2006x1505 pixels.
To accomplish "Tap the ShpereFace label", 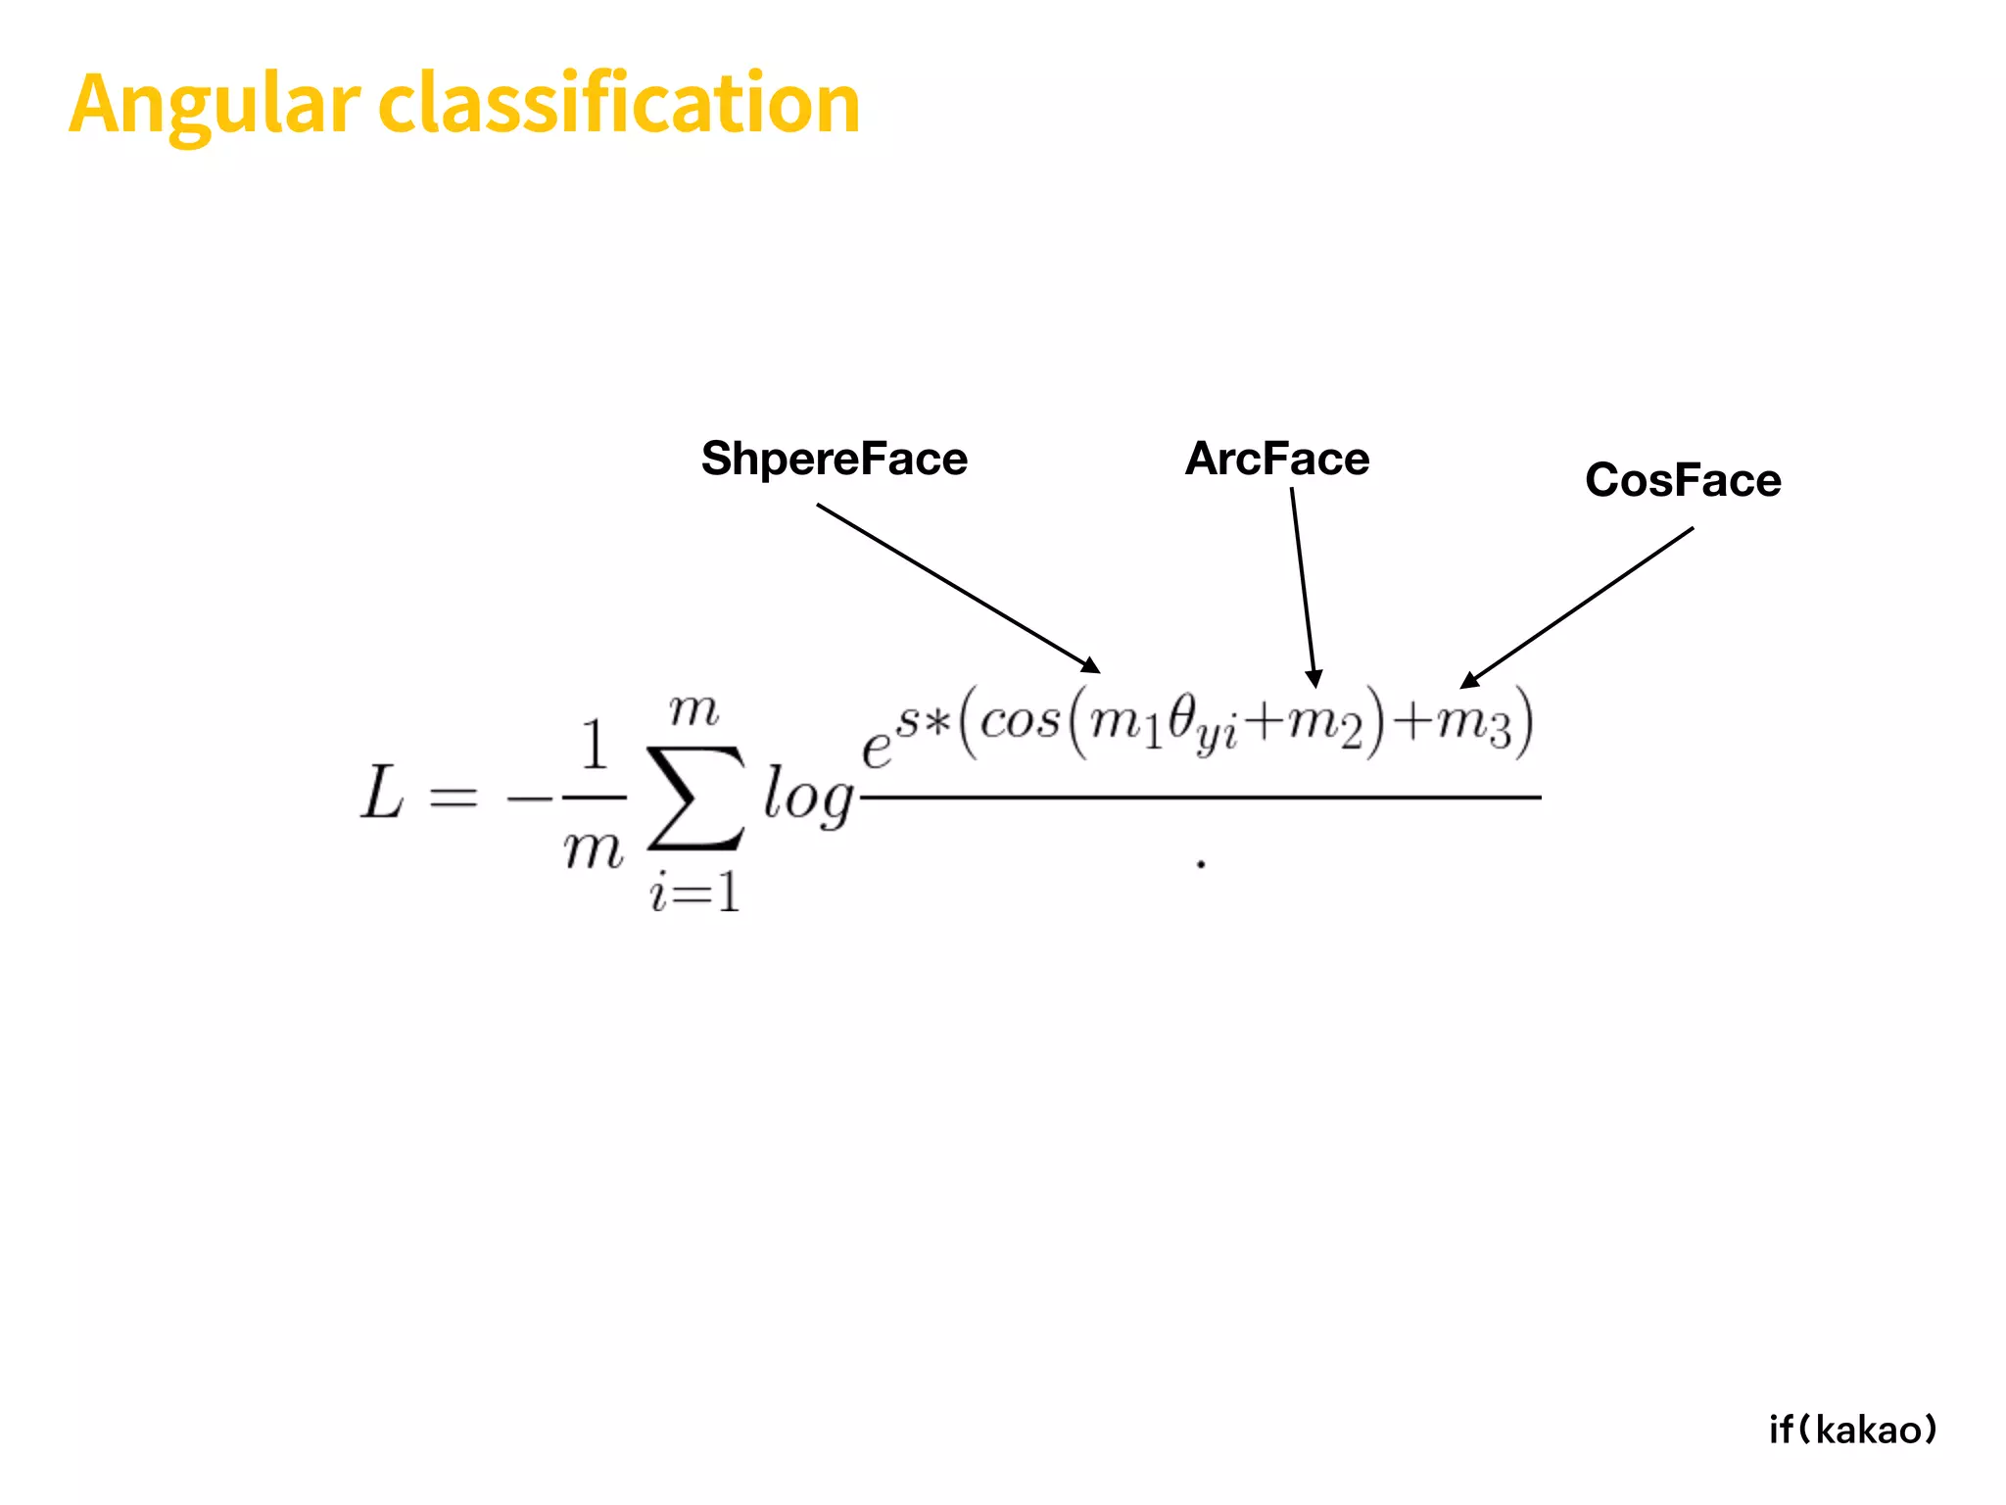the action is click(x=834, y=459).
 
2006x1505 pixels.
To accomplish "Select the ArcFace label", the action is click(x=1277, y=459).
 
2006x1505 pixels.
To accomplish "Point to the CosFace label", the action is click(x=1683, y=480).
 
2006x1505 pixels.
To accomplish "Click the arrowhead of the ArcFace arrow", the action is click(x=1314, y=678).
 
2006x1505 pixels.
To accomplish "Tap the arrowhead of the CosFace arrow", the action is click(x=1468, y=680).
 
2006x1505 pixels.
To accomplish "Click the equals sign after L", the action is click(x=454, y=798).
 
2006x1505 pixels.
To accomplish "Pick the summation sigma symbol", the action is click(x=695, y=796).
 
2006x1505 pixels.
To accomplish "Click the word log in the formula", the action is click(x=808, y=796).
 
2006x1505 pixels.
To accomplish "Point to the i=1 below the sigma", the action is click(x=694, y=892).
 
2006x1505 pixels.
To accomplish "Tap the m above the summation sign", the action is click(x=693, y=709).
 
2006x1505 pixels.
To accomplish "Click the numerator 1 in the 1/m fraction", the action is click(x=595, y=745).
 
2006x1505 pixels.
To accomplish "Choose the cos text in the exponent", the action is click(x=1020, y=723).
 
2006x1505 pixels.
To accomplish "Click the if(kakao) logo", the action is click(x=1852, y=1430).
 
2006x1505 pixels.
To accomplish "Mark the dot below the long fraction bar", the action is click(x=1201, y=864).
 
